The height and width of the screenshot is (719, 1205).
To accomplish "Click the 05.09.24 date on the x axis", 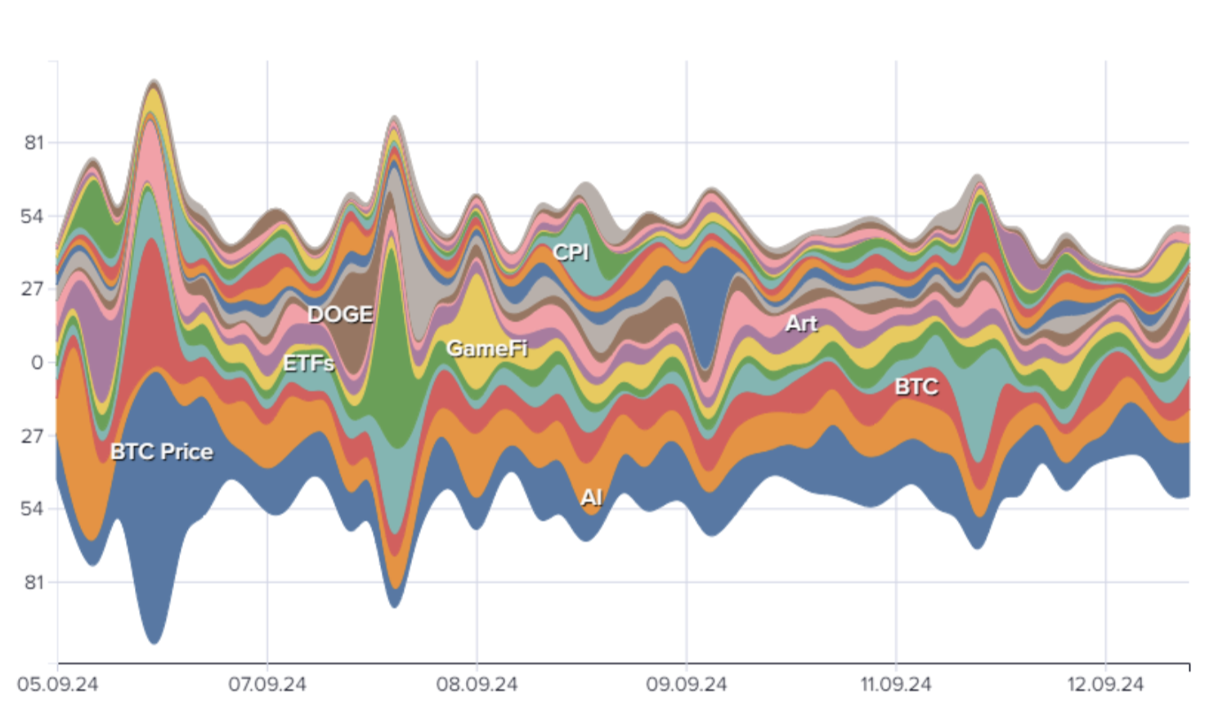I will [57, 685].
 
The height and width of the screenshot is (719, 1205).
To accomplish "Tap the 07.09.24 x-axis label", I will [267, 685].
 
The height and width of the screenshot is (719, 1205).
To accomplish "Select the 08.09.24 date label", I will [477, 685].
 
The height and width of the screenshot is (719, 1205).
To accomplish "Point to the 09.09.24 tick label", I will [686, 685].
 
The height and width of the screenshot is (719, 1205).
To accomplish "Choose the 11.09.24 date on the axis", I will [895, 685].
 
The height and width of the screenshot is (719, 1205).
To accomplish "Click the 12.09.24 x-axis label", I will [1105, 685].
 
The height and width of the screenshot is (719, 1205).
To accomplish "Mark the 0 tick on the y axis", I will [38, 363].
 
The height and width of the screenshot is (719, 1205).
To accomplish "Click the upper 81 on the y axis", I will [34, 143].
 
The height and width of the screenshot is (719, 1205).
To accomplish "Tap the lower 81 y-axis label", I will [34, 583].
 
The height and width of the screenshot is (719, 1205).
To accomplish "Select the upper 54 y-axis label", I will [33, 217].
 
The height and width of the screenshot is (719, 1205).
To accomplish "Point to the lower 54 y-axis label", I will [33, 509].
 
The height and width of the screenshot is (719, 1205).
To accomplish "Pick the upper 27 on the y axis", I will [33, 289].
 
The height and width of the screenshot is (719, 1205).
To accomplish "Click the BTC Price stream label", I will [162, 452].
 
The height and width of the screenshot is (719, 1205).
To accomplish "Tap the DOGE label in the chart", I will [340, 315].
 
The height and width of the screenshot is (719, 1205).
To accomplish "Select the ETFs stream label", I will [308, 364].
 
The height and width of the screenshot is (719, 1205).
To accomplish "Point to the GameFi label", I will [486, 349].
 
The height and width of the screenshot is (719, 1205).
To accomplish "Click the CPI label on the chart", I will [571, 252].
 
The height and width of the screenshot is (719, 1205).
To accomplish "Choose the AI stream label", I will [591, 498].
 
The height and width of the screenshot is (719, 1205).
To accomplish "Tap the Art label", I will [801, 324].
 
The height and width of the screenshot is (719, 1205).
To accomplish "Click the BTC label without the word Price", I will [916, 387].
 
